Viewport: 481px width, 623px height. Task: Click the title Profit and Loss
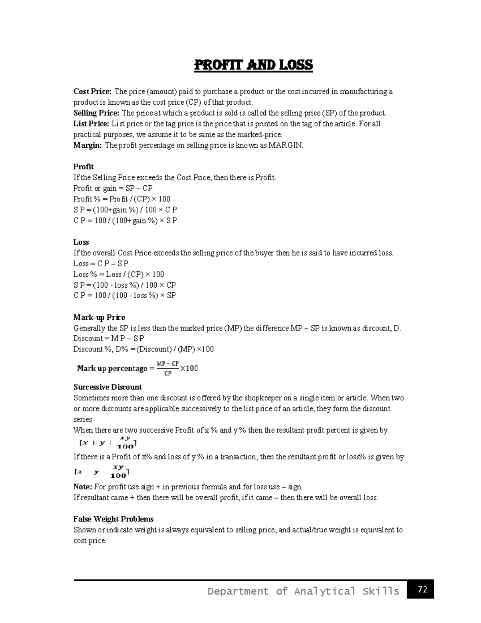click(253, 65)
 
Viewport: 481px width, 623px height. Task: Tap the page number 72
click(422, 589)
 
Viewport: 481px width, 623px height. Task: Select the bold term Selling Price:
click(96, 113)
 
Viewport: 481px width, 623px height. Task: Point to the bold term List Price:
click(91, 124)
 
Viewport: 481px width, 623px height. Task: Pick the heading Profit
click(83, 167)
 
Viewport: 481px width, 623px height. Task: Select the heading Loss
click(81, 242)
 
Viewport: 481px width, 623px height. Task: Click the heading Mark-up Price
click(99, 317)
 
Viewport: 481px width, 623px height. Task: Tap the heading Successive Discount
click(107, 387)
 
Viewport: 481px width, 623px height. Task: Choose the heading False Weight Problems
click(113, 519)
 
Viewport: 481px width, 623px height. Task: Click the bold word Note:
click(83, 487)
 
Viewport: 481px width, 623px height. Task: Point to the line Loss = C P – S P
click(101, 264)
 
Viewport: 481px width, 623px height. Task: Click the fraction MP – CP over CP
click(168, 368)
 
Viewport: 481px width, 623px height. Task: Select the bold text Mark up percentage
click(112, 368)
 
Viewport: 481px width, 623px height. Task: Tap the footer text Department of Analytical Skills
click(303, 591)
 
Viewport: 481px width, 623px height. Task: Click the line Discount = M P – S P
click(109, 339)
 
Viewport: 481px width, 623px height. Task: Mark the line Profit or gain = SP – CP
click(113, 188)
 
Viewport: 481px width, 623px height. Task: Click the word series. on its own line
click(83, 420)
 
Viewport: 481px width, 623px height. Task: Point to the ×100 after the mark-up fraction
click(189, 368)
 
